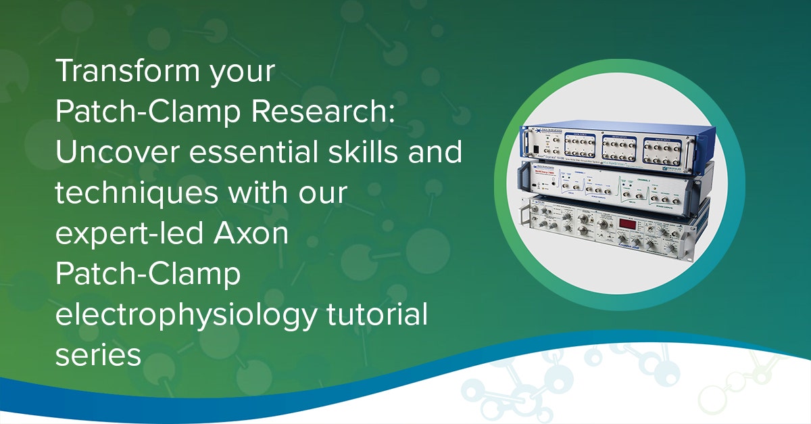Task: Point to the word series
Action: (x=97, y=356)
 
